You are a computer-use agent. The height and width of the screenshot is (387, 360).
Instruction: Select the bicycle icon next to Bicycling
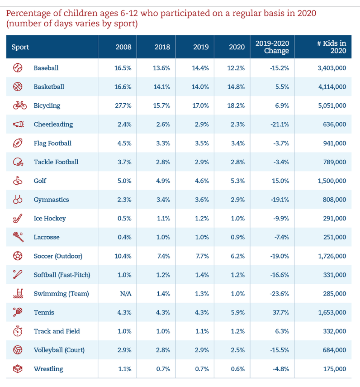pos(19,105)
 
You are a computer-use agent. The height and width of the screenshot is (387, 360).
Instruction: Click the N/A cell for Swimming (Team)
pos(125,293)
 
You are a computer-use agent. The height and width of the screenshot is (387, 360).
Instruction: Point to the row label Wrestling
pos(48,368)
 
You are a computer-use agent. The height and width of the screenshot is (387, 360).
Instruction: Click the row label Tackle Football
pos(56,162)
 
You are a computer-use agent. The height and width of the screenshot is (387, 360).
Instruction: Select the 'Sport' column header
pos(20,47)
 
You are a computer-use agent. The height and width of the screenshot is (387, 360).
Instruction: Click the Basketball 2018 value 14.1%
pos(162,86)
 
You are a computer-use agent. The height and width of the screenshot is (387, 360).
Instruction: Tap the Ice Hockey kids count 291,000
pos(334,218)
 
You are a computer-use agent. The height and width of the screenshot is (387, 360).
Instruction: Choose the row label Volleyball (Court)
pos(59,350)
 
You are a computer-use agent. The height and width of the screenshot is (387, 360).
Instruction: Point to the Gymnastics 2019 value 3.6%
pos(201,199)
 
